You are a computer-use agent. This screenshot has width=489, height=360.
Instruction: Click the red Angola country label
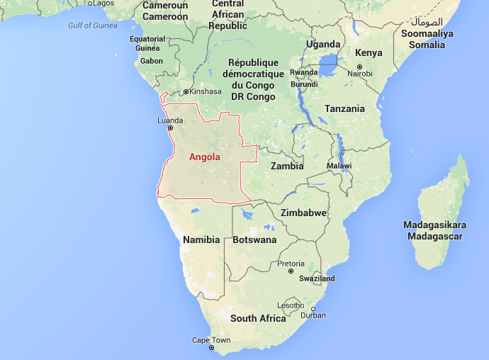coord(205,157)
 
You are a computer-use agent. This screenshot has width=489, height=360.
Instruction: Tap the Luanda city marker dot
coord(170,128)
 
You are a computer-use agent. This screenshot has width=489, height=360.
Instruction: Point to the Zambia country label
coord(287,167)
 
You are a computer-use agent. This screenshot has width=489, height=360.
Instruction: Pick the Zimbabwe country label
coord(303,213)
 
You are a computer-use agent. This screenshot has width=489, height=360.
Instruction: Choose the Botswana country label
coord(254,240)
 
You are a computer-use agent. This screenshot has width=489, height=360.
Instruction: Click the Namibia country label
coord(201,240)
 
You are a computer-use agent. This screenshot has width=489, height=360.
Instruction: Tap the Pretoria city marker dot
coord(291,271)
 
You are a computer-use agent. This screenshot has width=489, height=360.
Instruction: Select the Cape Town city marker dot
coord(211,348)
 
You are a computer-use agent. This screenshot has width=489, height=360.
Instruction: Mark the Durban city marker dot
coord(313,308)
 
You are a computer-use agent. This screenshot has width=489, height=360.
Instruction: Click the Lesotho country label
coord(291,305)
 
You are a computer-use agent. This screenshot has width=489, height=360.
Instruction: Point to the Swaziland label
coord(317,279)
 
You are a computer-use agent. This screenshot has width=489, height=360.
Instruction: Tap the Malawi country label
coord(339,165)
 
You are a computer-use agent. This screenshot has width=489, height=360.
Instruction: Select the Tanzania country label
coord(344,108)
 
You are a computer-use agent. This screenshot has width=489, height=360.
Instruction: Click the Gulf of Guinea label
coord(93,26)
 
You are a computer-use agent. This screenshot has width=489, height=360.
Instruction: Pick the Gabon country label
coord(152,61)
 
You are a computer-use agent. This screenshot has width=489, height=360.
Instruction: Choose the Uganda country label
coord(323,44)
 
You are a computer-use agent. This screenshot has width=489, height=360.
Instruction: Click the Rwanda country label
coord(304,72)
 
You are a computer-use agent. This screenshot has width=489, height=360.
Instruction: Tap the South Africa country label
coord(258,318)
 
